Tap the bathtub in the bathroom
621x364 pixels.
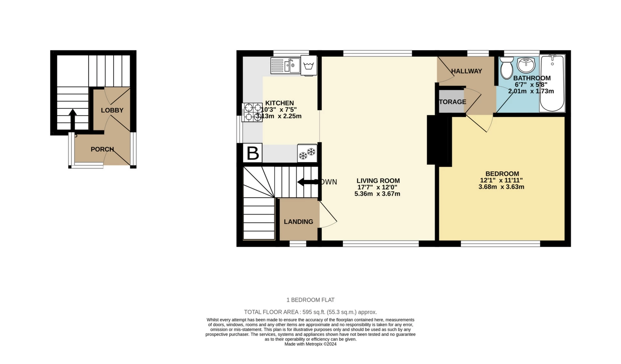click(x=552, y=83)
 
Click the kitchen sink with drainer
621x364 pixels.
click(x=286, y=66)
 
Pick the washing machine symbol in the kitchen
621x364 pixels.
click(x=309, y=65)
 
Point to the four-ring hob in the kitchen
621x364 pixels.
click(x=252, y=112)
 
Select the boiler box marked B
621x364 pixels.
click(x=253, y=153)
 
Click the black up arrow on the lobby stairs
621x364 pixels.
click(x=73, y=119)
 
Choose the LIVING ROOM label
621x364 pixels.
click(x=378, y=181)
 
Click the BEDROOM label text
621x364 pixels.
click(x=502, y=174)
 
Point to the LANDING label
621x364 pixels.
click(x=299, y=222)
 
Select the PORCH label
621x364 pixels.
click(x=102, y=149)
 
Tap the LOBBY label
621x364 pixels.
click(x=112, y=110)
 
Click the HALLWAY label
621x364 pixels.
click(x=466, y=71)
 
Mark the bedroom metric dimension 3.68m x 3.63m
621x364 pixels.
click(x=501, y=187)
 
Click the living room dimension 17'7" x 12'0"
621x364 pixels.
click(x=377, y=187)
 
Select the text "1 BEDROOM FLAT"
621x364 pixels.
click(x=310, y=300)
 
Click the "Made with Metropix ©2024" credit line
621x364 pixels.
click(x=310, y=344)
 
